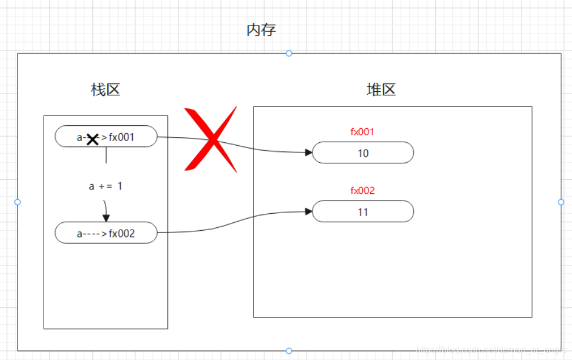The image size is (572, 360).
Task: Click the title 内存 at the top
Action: [261, 30]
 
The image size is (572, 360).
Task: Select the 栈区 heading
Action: [105, 90]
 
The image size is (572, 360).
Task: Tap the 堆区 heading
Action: [381, 90]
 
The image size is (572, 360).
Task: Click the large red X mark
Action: [210, 139]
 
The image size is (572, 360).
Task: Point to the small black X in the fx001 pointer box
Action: [92, 138]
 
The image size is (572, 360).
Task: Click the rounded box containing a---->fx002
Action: [106, 232]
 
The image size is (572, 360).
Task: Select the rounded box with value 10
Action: [363, 153]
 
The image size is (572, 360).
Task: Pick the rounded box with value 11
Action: [363, 212]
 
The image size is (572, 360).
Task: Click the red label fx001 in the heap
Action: [362, 132]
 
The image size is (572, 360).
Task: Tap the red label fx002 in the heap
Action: [362, 190]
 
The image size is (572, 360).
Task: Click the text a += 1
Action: [105, 186]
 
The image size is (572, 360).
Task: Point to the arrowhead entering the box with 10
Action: [308, 152]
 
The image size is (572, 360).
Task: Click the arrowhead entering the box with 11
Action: [308, 211]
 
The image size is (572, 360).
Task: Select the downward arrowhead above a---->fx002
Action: [106, 218]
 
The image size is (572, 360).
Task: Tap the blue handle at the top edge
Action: [289, 53]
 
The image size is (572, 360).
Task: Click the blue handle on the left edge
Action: [18, 202]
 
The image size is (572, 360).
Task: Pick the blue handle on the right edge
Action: [561, 202]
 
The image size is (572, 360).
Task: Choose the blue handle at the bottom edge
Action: [289, 350]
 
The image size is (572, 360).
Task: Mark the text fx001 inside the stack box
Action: [122, 137]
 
